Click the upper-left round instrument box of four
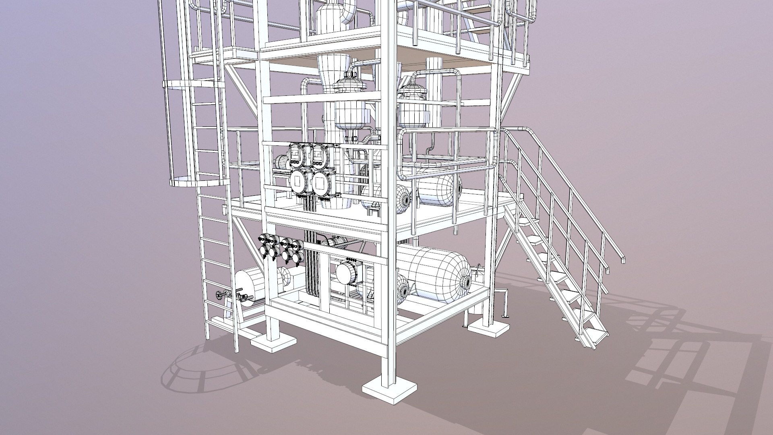tap(296, 154)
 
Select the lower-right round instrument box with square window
tap(322, 184)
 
